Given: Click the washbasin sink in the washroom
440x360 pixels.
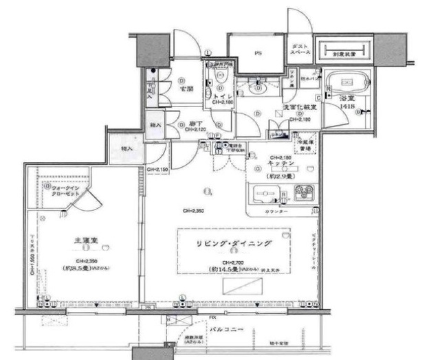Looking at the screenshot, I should pos(259,88).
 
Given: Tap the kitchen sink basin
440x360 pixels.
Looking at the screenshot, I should pos(265,194).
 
